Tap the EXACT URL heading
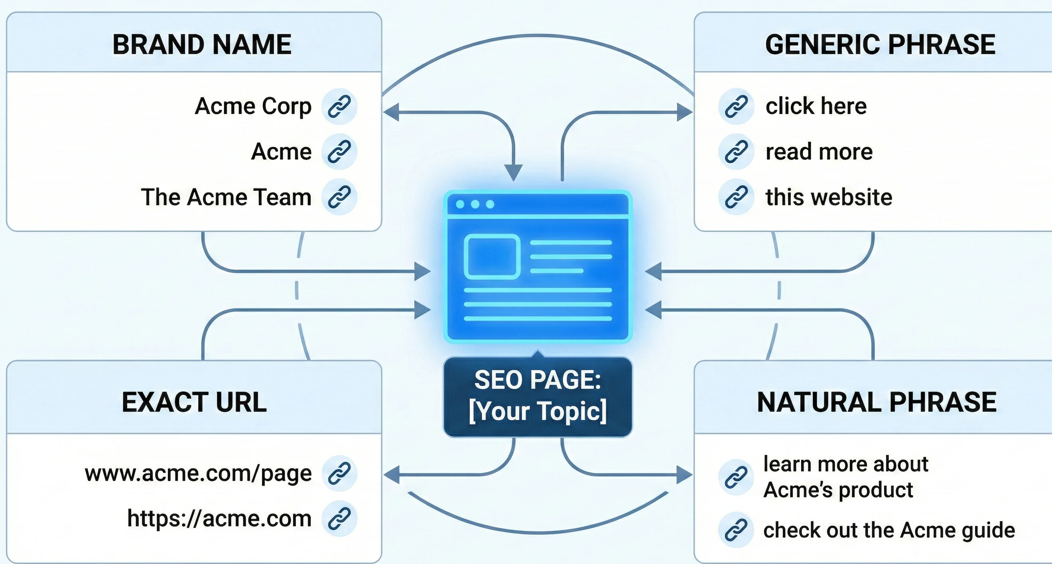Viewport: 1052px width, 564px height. click(x=194, y=402)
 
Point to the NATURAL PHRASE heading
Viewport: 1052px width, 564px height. click(x=877, y=402)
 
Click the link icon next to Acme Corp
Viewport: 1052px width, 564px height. click(x=339, y=106)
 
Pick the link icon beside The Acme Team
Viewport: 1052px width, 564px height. click(x=339, y=197)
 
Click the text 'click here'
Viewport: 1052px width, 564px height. click(x=816, y=106)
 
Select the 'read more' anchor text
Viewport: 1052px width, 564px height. click(x=819, y=152)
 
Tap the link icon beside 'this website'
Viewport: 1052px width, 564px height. click(x=736, y=197)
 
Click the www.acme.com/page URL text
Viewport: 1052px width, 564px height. click(x=198, y=473)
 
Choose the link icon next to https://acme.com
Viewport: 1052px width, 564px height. click(x=339, y=518)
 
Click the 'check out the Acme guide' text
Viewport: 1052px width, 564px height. click(x=889, y=530)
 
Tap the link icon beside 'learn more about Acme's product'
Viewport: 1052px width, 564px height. click(x=736, y=477)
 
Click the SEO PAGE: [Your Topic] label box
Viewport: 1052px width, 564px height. click(x=538, y=396)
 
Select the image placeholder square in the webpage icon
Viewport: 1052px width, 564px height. click(x=492, y=257)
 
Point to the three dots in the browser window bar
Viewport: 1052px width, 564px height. click(x=475, y=204)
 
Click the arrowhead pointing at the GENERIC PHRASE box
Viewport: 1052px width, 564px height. click(x=685, y=112)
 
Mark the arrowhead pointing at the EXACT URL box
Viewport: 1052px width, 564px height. click(x=391, y=475)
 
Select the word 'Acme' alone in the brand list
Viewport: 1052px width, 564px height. click(x=281, y=152)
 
